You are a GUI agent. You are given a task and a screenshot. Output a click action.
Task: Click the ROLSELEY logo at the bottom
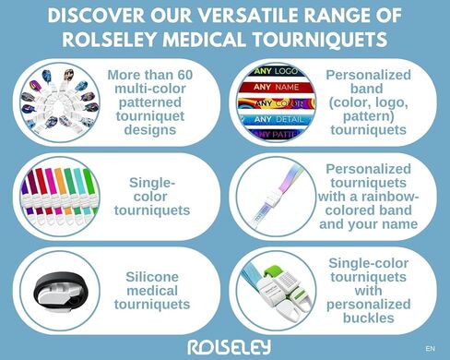coord(225,346)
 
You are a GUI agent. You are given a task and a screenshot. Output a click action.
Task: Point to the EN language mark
coord(430,349)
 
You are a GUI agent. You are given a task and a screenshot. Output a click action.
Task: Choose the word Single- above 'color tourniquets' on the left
coord(158,181)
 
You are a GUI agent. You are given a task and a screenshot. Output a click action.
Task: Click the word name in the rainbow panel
coord(395,223)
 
